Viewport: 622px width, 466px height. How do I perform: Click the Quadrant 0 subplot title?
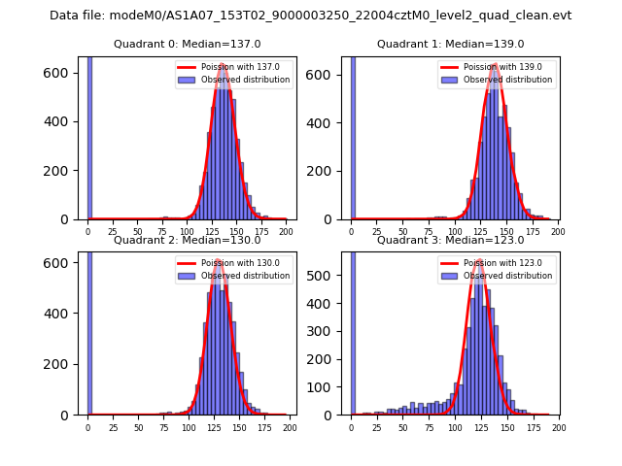point(188,44)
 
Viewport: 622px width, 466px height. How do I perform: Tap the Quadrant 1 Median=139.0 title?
point(450,44)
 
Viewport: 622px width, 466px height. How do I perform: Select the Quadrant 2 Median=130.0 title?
point(188,240)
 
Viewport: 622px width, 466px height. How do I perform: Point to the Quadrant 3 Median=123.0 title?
point(450,240)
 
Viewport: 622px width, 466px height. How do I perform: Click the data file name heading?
point(311,16)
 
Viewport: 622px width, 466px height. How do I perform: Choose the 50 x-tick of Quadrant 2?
point(138,427)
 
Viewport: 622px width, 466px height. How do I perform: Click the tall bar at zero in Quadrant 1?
point(352,136)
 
